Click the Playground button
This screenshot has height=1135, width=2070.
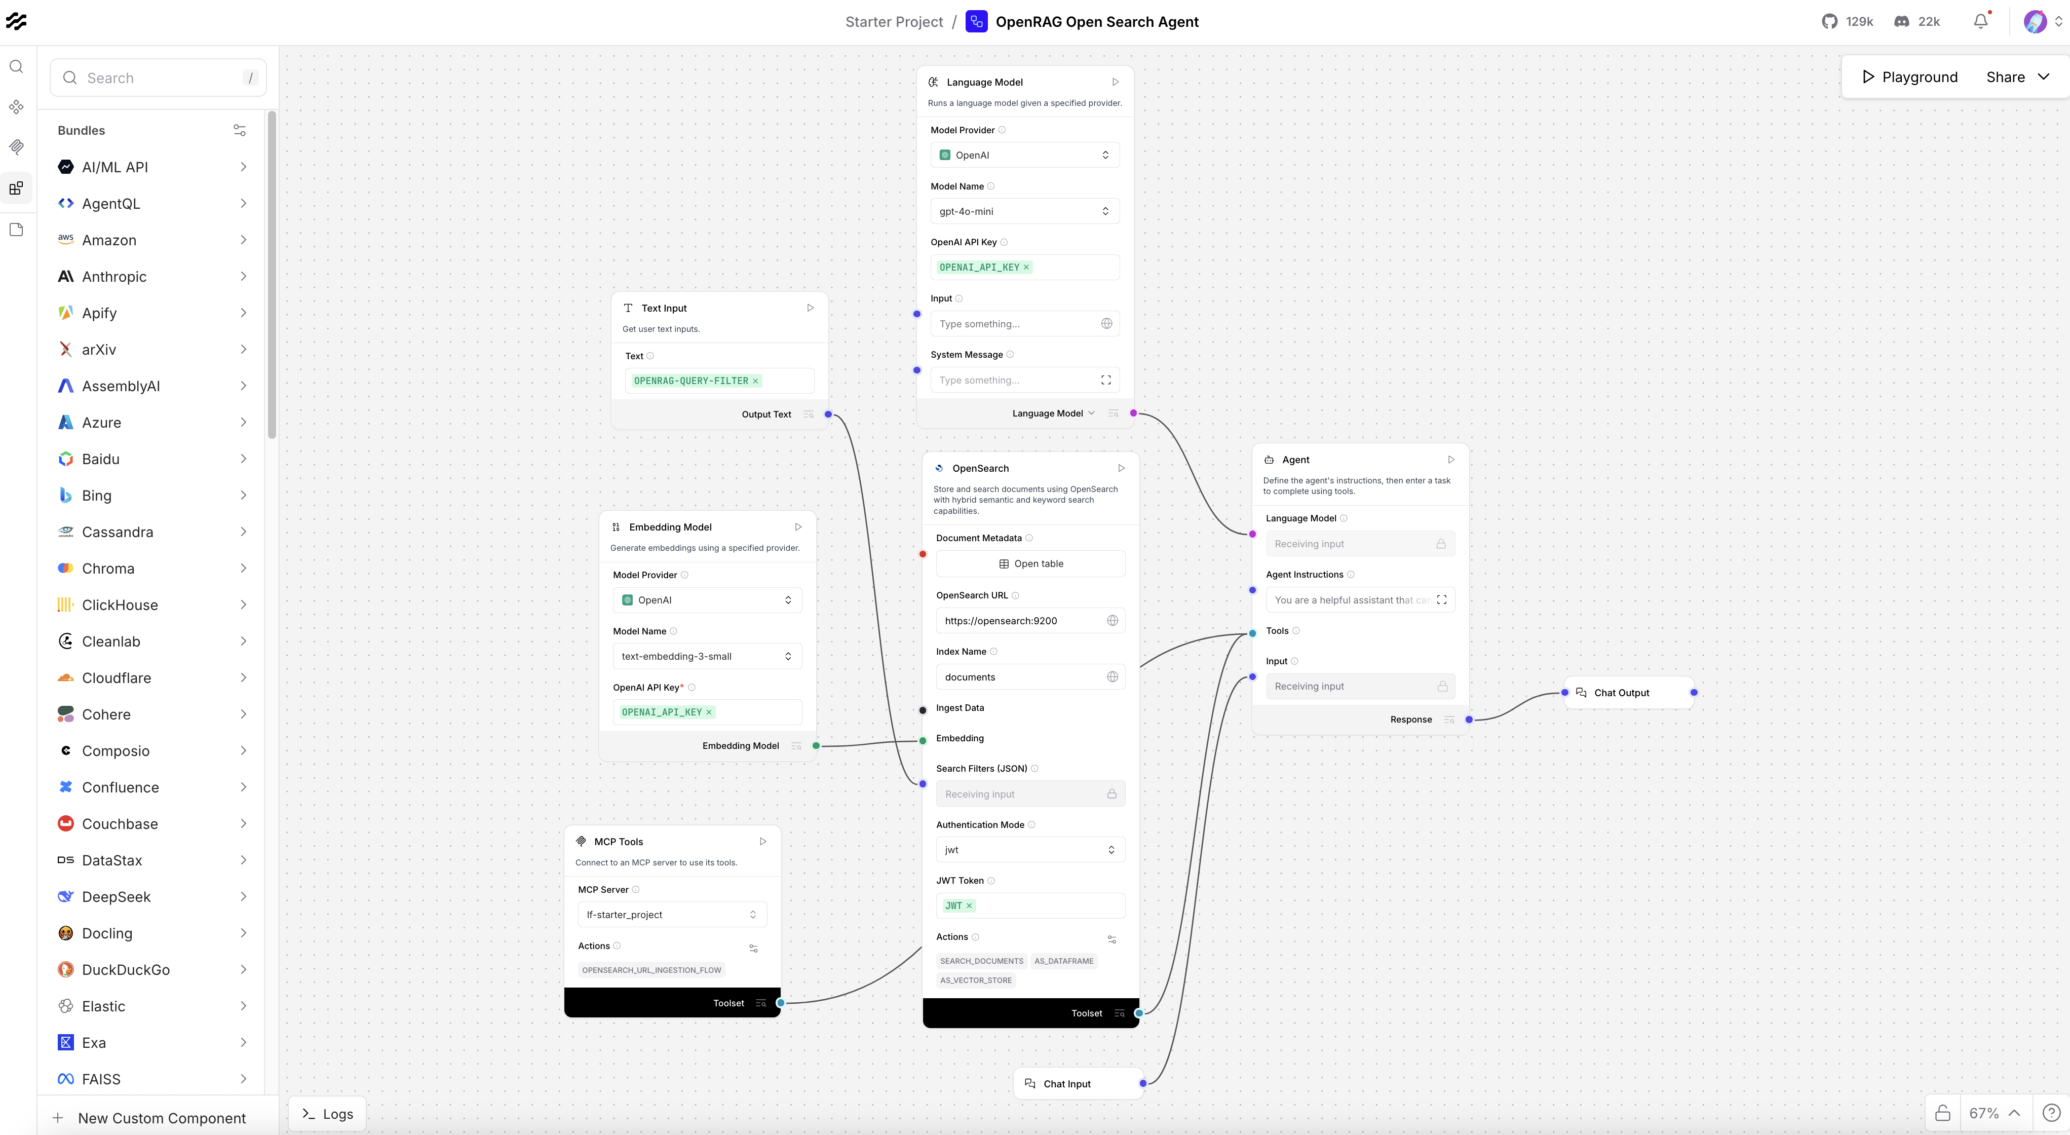(x=1909, y=77)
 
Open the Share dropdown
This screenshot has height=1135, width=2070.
(x=2017, y=77)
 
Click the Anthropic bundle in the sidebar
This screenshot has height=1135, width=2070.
(x=114, y=277)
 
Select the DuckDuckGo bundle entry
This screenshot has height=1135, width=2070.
(x=125, y=969)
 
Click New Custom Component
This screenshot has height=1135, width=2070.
(x=161, y=1118)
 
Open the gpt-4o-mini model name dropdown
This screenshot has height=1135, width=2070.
(x=1024, y=211)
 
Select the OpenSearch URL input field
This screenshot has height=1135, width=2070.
(x=1020, y=621)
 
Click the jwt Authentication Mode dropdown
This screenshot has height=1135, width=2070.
(x=1029, y=850)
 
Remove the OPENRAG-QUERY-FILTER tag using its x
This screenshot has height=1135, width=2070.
(x=755, y=381)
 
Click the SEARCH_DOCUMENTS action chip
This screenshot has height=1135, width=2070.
(x=981, y=961)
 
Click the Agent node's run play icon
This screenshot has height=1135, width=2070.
(x=1450, y=460)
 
